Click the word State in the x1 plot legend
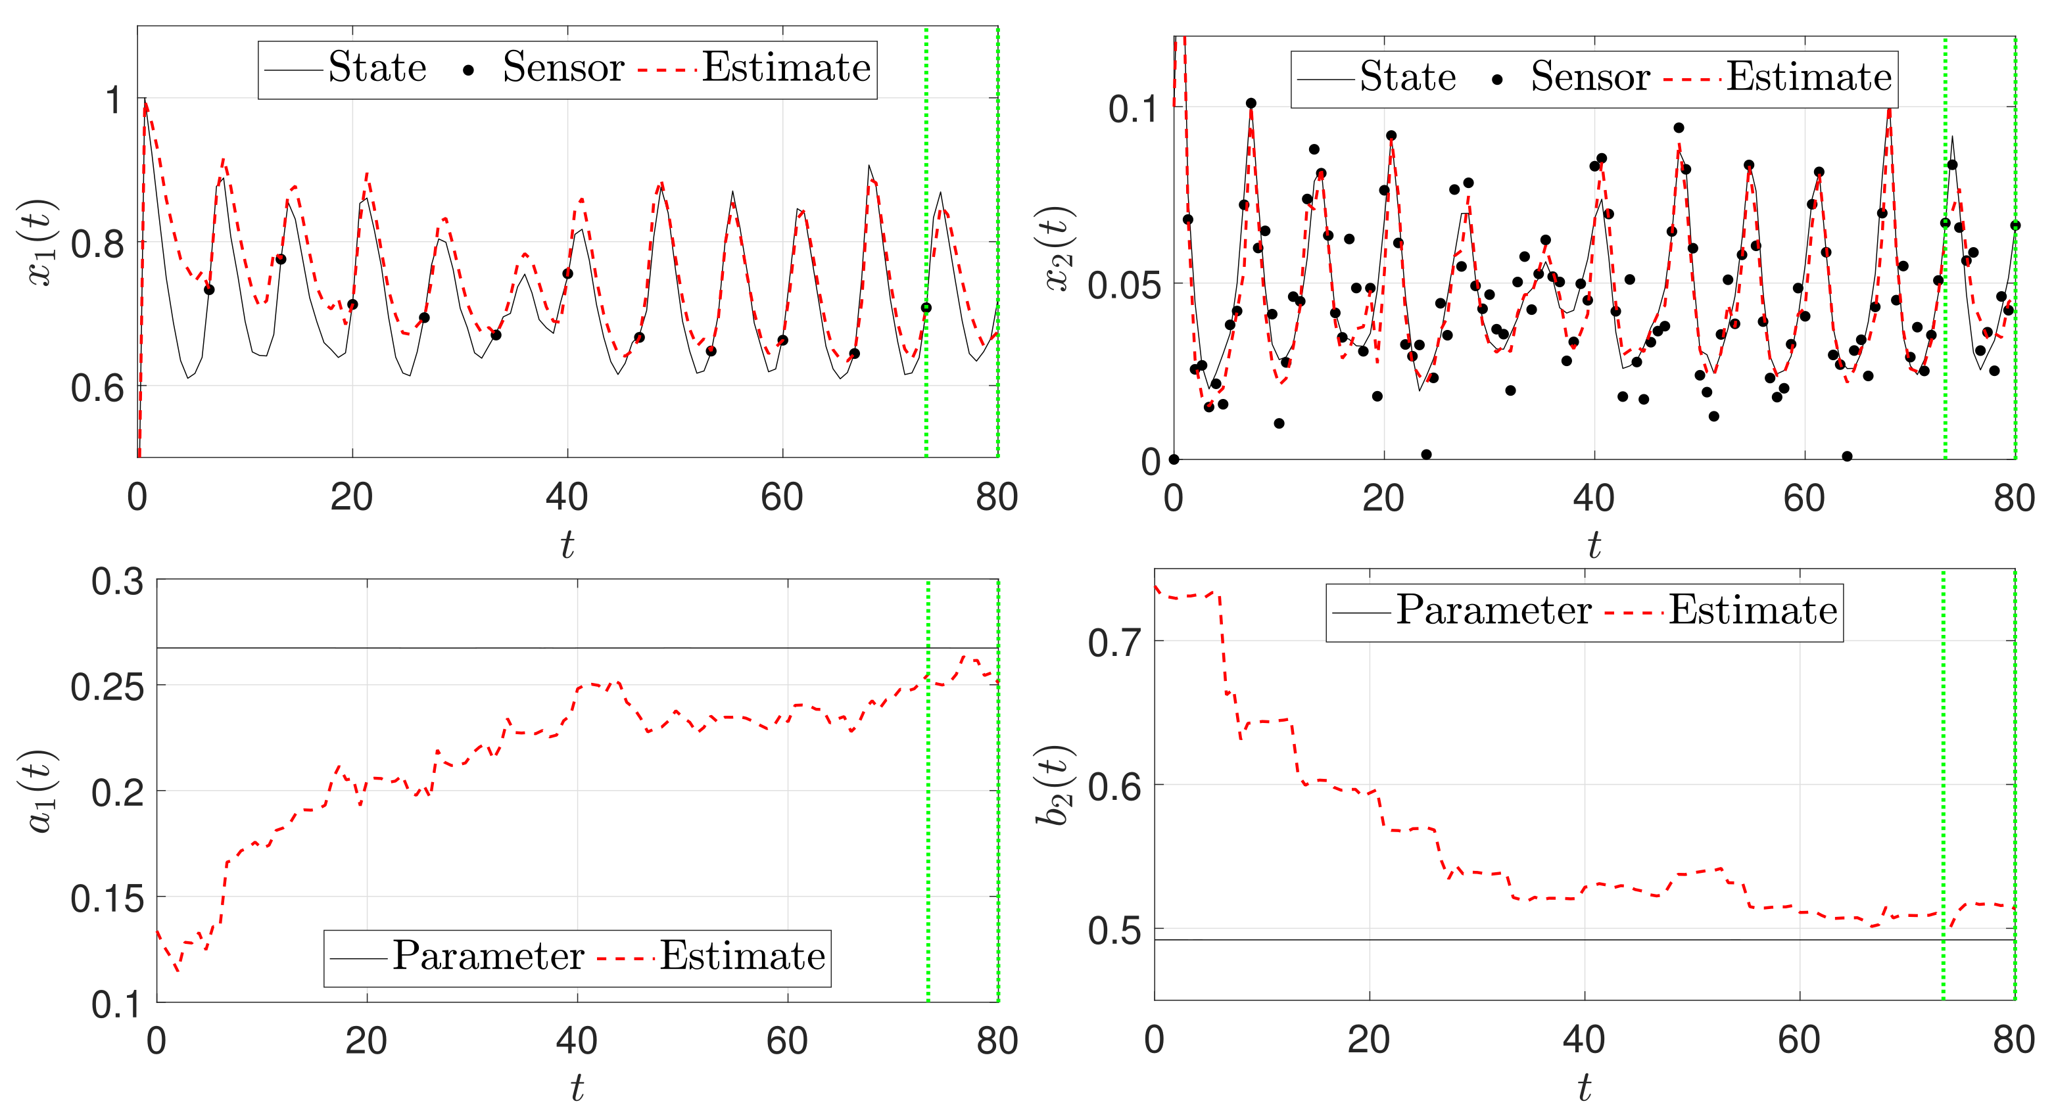coord(377,68)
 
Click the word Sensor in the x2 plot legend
coord(1590,78)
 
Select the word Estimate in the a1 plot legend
coord(742,956)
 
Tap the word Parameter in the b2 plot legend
coord(1493,611)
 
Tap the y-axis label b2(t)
coord(1054,785)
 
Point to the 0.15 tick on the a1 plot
coord(107,899)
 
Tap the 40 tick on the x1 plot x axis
coord(567,498)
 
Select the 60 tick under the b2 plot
coord(1799,1040)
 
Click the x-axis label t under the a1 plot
coord(577,1087)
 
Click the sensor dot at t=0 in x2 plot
coord(1174,459)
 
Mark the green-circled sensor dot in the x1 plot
coord(926,308)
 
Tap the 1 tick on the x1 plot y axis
coord(113,101)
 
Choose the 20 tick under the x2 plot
coord(1383,498)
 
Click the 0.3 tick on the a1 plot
coord(117,582)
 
